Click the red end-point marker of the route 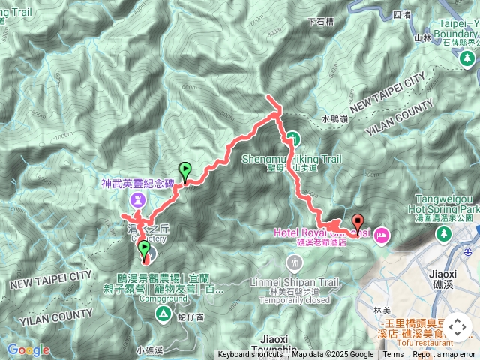[x=358, y=222]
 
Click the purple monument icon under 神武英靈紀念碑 [x=139, y=199]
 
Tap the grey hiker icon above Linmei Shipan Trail [x=293, y=263]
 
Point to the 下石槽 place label [x=321, y=22]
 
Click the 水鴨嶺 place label [x=336, y=118]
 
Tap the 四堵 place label [x=401, y=13]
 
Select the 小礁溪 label [x=150, y=349]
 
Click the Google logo [x=28, y=349]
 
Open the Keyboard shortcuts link [x=250, y=355]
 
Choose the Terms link [x=393, y=355]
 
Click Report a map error [x=444, y=355]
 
